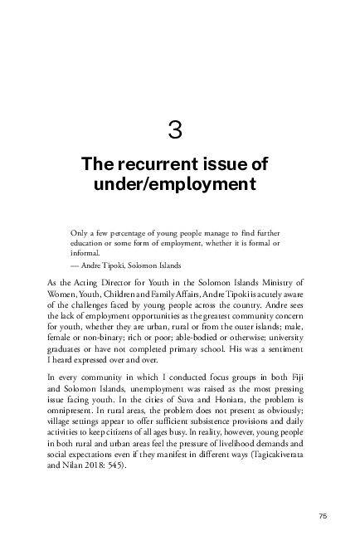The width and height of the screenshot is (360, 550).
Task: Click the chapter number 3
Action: (x=174, y=129)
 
